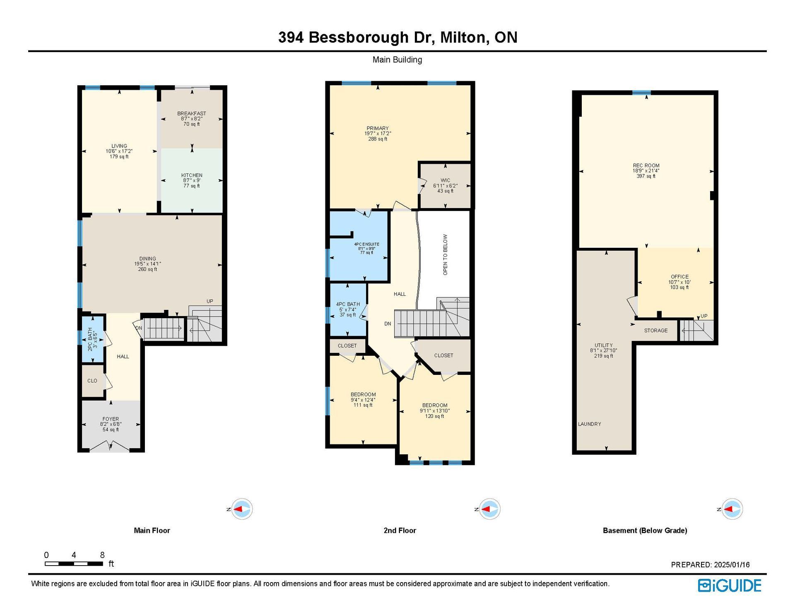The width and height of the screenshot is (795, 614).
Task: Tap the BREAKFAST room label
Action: [192, 113]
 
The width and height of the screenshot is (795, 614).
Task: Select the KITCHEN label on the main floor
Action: [192, 175]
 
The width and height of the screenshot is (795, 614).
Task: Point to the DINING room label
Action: [147, 259]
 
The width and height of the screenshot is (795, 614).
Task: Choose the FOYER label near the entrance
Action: [111, 419]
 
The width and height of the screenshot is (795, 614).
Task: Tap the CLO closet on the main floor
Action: [92, 381]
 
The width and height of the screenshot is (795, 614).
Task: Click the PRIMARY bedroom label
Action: [378, 128]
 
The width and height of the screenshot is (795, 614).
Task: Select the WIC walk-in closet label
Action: [446, 180]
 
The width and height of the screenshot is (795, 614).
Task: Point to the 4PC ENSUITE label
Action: [366, 244]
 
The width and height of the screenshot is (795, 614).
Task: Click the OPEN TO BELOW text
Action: [446, 255]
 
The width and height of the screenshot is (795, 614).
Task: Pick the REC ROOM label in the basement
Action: [646, 165]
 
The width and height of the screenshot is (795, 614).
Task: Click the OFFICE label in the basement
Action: [680, 277]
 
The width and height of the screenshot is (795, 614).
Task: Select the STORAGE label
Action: [656, 331]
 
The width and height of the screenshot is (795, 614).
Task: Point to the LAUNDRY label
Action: [590, 424]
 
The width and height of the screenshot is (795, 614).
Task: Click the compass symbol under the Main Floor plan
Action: [241, 509]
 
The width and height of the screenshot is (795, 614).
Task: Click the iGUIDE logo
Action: [730, 585]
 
